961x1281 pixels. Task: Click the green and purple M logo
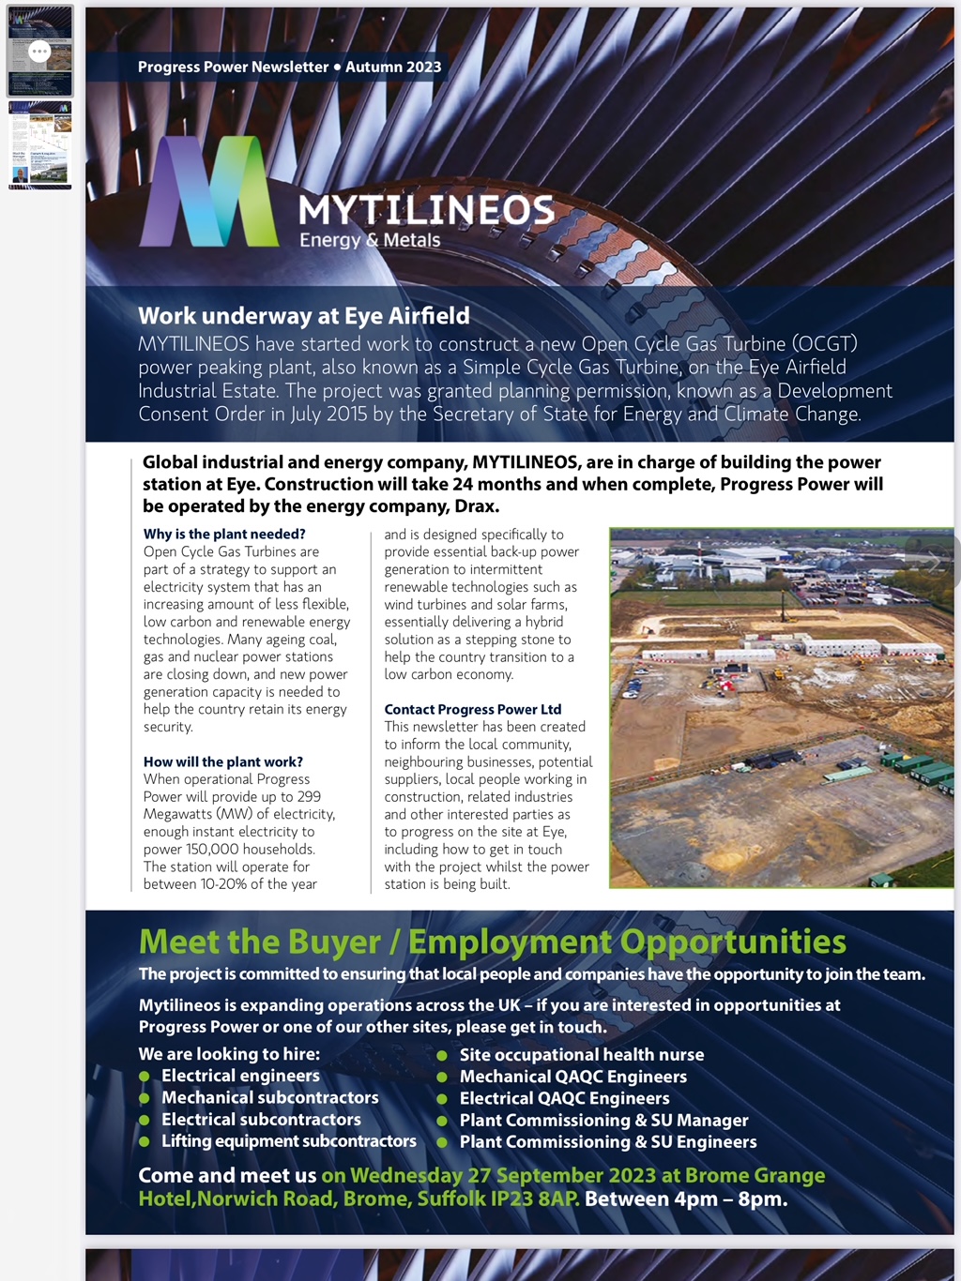click(x=208, y=192)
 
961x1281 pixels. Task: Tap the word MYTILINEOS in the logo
click(x=426, y=210)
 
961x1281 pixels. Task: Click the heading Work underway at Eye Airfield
click(x=303, y=316)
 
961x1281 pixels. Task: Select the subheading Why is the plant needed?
click(x=224, y=535)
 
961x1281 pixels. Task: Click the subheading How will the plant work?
click(x=223, y=761)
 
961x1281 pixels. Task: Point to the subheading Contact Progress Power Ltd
click(x=472, y=709)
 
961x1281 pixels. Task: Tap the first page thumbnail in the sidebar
click(x=39, y=51)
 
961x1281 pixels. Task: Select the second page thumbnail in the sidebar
click(x=39, y=145)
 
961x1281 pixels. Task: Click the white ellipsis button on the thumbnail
click(x=39, y=52)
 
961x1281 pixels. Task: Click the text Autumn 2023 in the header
click(x=393, y=67)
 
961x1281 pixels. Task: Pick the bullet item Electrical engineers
click(x=240, y=1076)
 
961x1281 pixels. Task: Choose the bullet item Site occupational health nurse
click(x=581, y=1055)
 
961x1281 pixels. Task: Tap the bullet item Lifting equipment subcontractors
click(x=288, y=1141)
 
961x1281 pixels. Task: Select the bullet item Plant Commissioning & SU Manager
click(x=603, y=1120)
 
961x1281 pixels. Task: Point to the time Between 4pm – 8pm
click(x=685, y=1198)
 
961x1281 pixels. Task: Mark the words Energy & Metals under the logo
click(x=370, y=240)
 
